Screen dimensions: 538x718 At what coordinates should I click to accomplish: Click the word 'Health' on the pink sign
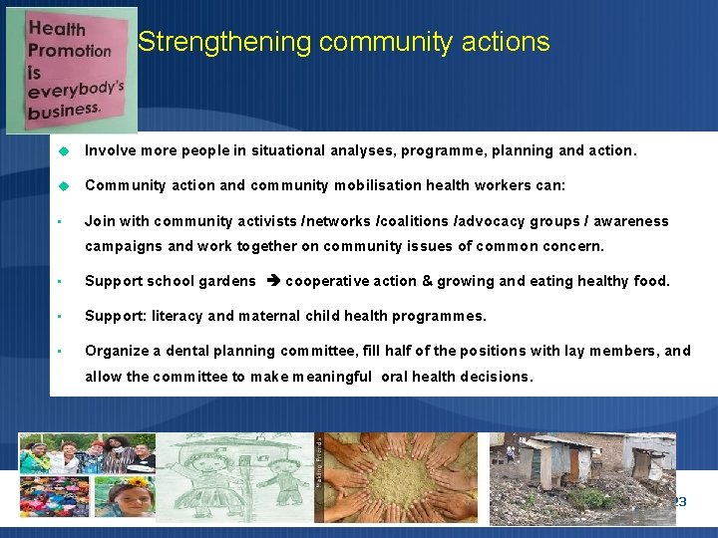[57, 28]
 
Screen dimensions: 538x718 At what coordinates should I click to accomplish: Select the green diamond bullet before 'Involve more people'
[62, 151]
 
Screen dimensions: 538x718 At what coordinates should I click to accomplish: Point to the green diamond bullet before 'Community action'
[62, 185]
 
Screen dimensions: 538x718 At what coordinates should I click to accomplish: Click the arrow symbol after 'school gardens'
[273, 281]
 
